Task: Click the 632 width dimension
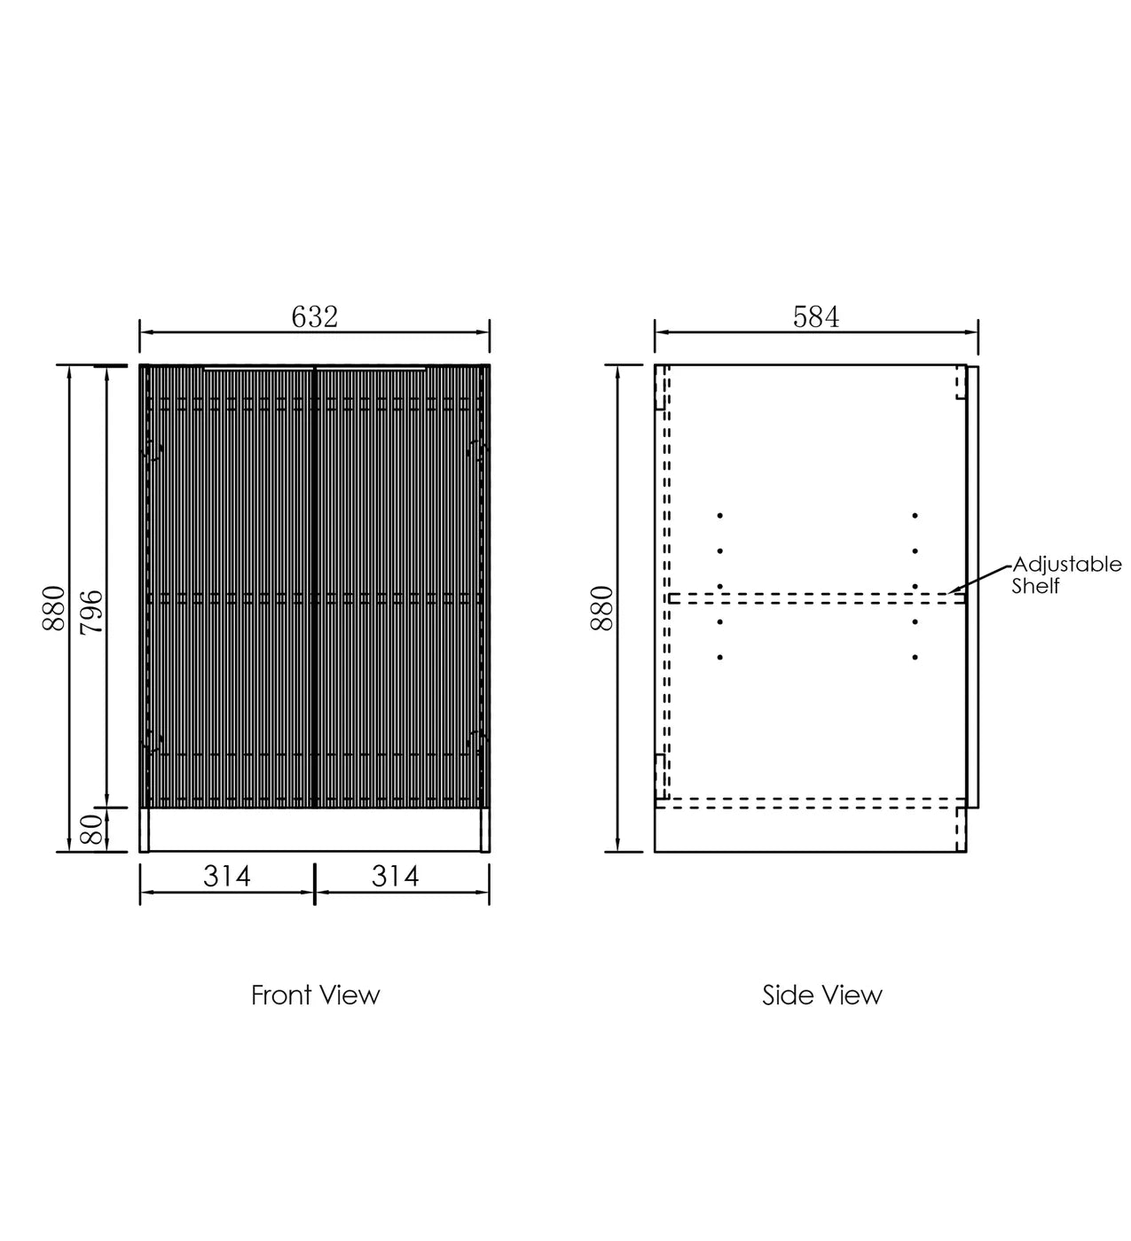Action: coord(315,316)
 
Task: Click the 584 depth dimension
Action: coord(815,316)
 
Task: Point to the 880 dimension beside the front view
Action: coord(54,608)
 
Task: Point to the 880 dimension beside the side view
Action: coord(602,608)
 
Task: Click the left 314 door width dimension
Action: coord(227,876)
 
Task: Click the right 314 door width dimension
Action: coord(395,876)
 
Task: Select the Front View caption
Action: coord(315,995)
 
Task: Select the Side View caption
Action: coord(822,995)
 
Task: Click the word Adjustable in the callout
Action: coord(1067,565)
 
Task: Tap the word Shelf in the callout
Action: coord(1036,586)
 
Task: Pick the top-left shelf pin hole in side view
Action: coord(720,515)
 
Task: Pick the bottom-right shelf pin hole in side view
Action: coord(915,658)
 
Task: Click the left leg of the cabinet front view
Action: coord(145,830)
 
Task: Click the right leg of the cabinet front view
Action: coord(484,830)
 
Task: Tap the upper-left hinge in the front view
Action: coord(152,450)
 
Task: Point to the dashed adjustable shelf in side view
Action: coord(816,599)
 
